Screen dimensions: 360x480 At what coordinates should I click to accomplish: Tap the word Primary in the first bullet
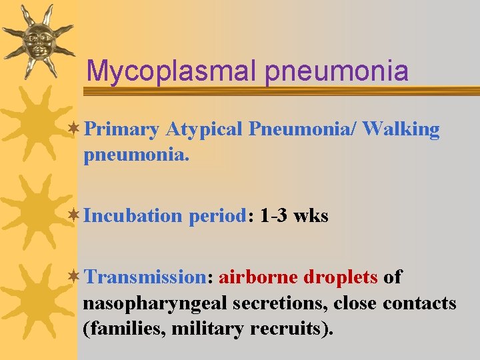point(122,129)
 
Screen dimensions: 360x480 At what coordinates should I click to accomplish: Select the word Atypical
point(203,129)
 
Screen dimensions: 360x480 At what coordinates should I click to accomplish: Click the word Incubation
point(133,216)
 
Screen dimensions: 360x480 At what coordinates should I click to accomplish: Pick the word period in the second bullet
point(217,216)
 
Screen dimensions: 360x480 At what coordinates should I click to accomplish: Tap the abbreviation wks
point(312,216)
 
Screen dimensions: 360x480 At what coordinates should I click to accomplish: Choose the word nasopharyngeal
point(155,303)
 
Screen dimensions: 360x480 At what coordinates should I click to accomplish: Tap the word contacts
point(419,303)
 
